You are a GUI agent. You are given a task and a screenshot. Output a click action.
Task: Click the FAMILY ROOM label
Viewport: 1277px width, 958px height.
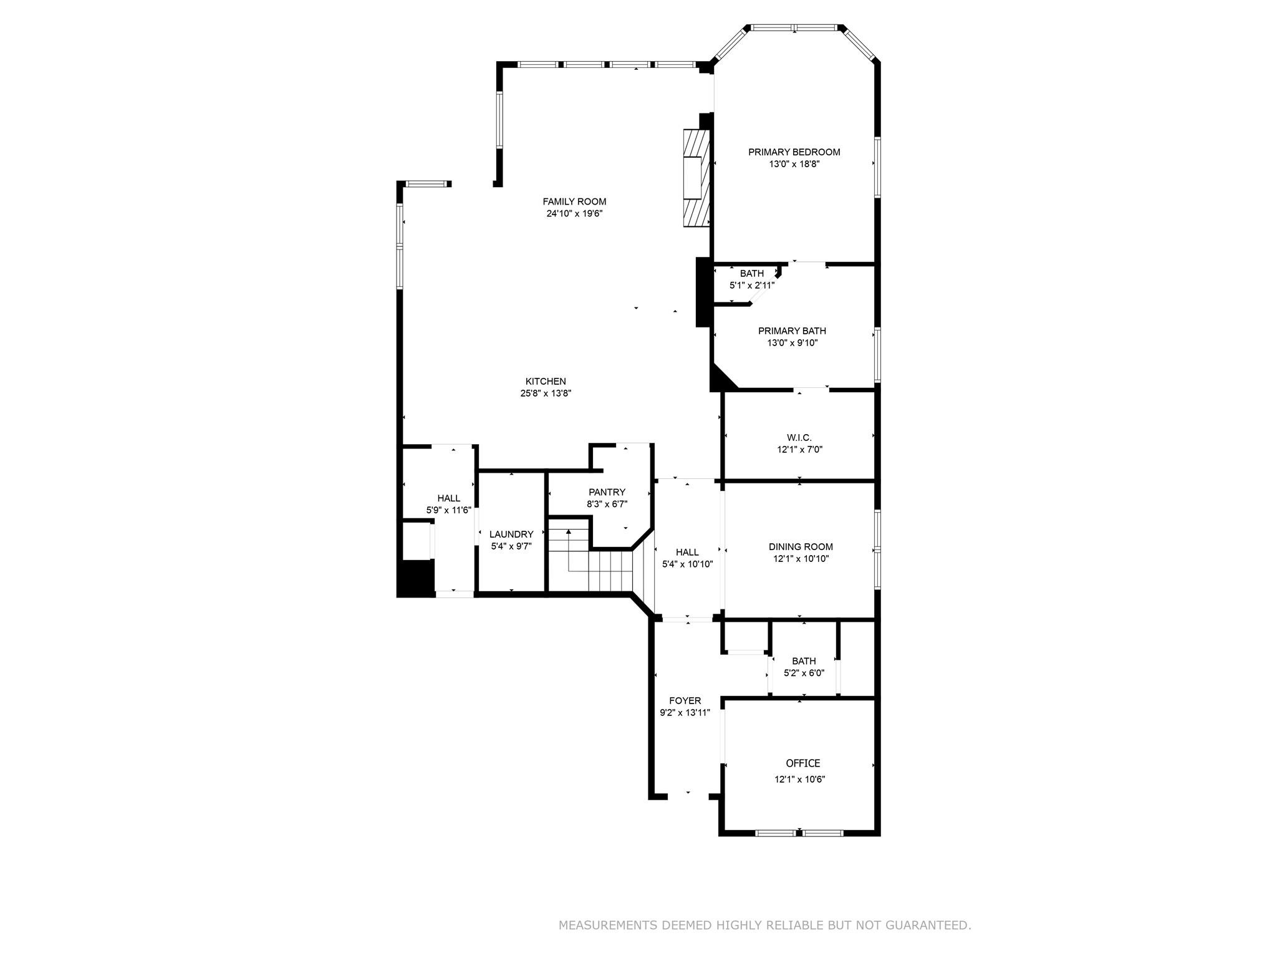point(574,201)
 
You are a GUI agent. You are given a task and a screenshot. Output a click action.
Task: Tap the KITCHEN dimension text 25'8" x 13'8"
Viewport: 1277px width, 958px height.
point(546,394)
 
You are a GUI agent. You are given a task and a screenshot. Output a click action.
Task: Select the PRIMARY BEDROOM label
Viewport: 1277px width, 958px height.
point(794,152)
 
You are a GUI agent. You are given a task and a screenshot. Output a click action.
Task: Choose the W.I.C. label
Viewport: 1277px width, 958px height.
point(799,438)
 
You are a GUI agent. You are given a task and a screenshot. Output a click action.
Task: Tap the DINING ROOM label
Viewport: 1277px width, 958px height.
point(801,547)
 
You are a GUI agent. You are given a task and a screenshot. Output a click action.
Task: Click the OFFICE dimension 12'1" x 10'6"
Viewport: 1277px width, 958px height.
point(800,779)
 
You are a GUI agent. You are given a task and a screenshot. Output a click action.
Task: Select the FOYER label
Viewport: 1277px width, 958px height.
point(685,700)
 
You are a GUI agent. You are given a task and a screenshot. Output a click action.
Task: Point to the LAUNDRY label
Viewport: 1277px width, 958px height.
point(511,535)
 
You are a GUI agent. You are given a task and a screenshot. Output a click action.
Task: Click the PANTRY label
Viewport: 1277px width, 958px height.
point(607,492)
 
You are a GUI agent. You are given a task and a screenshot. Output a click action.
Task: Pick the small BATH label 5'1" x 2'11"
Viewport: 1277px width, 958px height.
point(752,274)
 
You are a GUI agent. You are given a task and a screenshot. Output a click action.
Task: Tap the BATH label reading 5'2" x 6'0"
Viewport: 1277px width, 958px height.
point(804,661)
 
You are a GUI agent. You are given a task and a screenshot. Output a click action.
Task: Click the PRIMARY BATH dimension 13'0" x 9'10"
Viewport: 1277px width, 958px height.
point(792,343)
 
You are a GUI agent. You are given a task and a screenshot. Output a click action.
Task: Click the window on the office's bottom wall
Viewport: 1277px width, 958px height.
point(799,833)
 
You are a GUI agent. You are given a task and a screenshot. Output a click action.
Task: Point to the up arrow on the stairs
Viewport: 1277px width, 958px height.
point(569,532)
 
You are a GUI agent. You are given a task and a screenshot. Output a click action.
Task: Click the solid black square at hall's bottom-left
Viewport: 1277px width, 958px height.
point(417,578)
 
